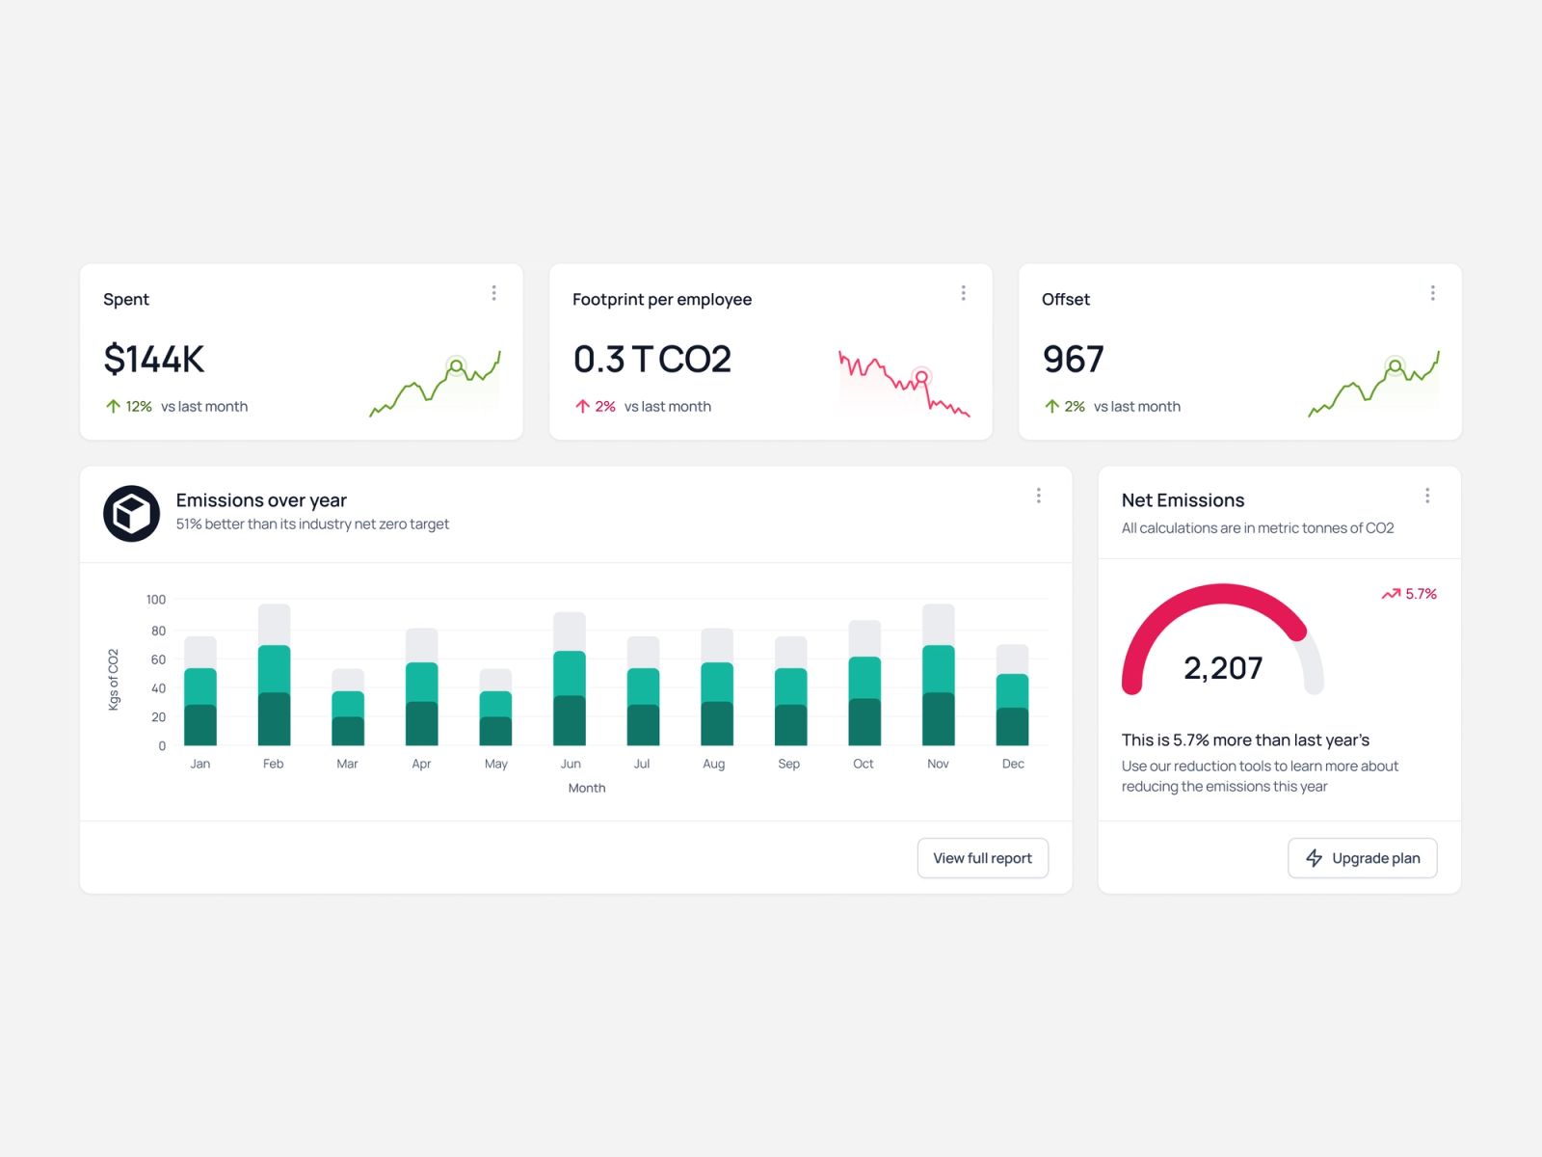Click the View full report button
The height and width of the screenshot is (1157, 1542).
[x=982, y=858]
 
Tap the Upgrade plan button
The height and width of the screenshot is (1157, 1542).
[x=1362, y=858]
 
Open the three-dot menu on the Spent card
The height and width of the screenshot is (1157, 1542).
[x=493, y=293]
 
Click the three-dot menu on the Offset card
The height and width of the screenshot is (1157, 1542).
[x=1432, y=293]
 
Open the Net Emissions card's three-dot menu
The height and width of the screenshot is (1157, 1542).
[x=1426, y=496]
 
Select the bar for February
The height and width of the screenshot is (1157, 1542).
[x=274, y=674]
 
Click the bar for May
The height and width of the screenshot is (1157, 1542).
[x=495, y=707]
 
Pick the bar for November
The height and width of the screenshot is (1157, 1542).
[x=938, y=674]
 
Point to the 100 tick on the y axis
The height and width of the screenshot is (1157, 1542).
[x=156, y=599]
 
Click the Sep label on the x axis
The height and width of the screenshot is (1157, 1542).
[x=788, y=764]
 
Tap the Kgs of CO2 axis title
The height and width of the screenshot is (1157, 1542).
[x=113, y=680]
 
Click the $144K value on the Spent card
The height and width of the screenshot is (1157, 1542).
[x=154, y=359]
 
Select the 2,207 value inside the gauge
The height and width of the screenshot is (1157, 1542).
[x=1223, y=667]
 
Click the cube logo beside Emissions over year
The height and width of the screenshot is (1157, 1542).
[x=131, y=514]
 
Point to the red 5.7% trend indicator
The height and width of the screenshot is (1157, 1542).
[x=1409, y=594]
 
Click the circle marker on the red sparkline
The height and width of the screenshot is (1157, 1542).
[x=921, y=377]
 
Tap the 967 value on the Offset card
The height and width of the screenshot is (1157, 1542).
[x=1073, y=359]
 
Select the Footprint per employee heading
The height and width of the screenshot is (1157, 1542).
[x=662, y=299]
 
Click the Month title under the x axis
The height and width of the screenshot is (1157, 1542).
[x=587, y=788]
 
